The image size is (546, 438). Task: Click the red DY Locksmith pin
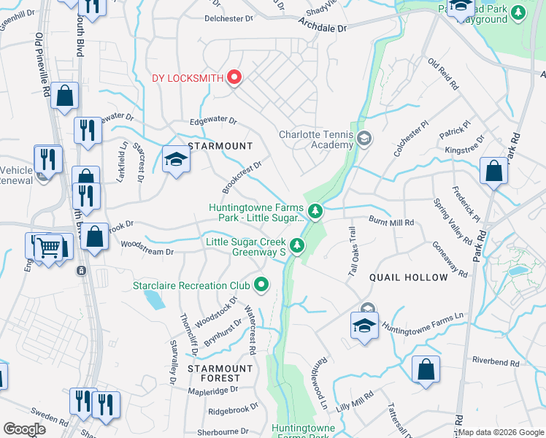[234, 77]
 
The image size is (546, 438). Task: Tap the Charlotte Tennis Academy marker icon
[364, 138]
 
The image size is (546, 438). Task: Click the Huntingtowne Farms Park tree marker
[315, 212]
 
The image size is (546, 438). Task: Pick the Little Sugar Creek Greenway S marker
[296, 247]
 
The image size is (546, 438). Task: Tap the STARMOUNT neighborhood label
[215, 146]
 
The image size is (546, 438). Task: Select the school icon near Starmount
[176, 159]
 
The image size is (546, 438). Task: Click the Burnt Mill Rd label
[391, 222]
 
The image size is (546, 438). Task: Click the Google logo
[24, 429]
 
